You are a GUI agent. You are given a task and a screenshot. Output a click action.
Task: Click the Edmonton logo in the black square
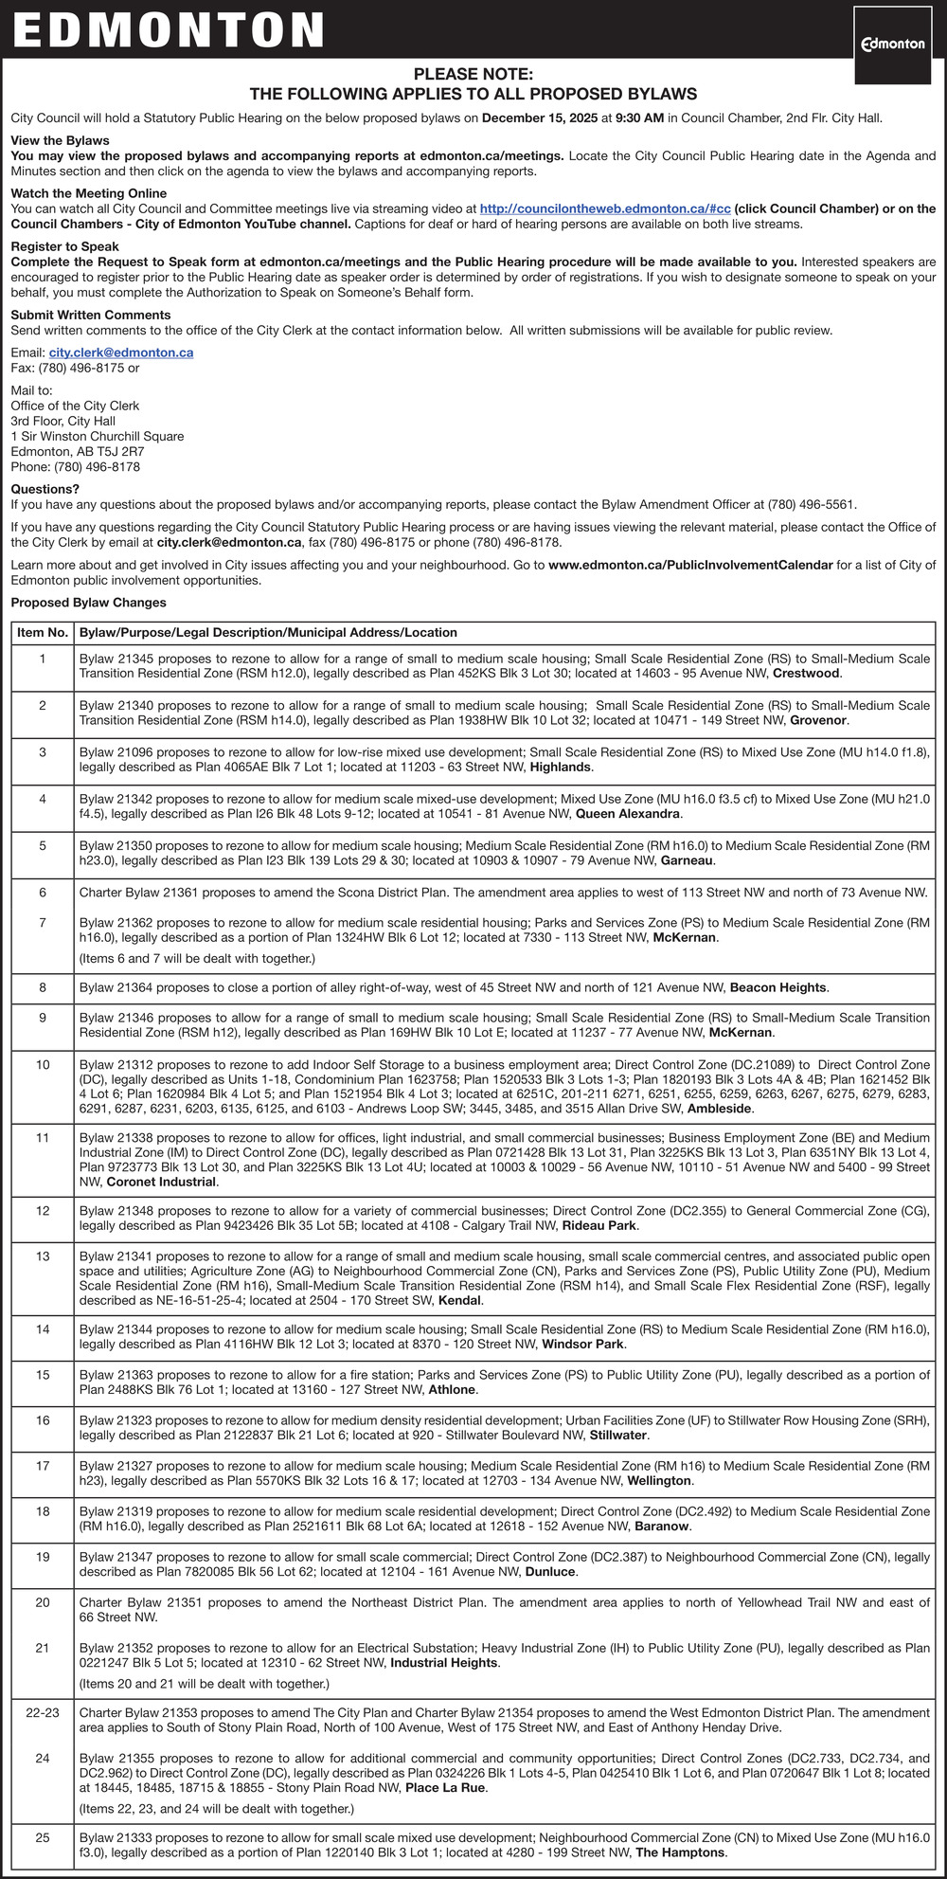pyautogui.click(x=892, y=44)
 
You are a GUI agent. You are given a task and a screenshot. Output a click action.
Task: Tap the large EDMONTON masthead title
pyautogui.click(x=169, y=29)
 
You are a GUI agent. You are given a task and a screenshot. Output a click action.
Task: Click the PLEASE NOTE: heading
pyautogui.click(x=473, y=74)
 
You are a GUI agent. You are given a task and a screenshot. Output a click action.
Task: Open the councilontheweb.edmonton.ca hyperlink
pyautogui.click(x=604, y=208)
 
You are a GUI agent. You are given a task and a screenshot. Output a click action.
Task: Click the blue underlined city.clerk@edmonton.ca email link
pyautogui.click(x=121, y=352)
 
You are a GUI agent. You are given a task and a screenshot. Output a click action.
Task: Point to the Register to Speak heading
pyautogui.click(x=65, y=246)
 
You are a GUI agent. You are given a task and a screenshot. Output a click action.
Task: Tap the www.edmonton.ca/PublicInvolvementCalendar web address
pyautogui.click(x=690, y=565)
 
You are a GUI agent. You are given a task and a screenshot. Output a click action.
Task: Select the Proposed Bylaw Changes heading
pyautogui.click(x=88, y=603)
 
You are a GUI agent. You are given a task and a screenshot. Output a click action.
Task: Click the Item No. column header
pyautogui.click(x=43, y=633)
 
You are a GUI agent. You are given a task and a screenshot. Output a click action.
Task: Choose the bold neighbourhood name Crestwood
pyautogui.click(x=806, y=674)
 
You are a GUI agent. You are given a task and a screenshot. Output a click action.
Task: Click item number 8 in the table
pyautogui.click(x=43, y=987)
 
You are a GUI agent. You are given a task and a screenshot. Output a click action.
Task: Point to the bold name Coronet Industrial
pyautogui.click(x=161, y=1182)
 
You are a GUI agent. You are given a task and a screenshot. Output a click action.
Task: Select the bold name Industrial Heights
pyautogui.click(x=444, y=1663)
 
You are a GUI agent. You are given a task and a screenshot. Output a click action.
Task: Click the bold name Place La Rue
pyautogui.click(x=445, y=1788)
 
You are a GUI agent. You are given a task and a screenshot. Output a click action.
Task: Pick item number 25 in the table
pyautogui.click(x=43, y=1837)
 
